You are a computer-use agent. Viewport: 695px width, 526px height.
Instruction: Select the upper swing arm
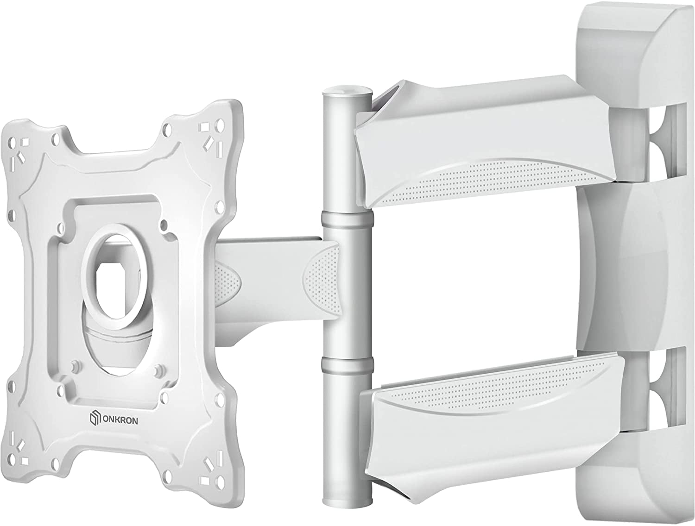point(482,139)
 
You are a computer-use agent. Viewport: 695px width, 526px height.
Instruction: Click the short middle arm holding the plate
point(273,278)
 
